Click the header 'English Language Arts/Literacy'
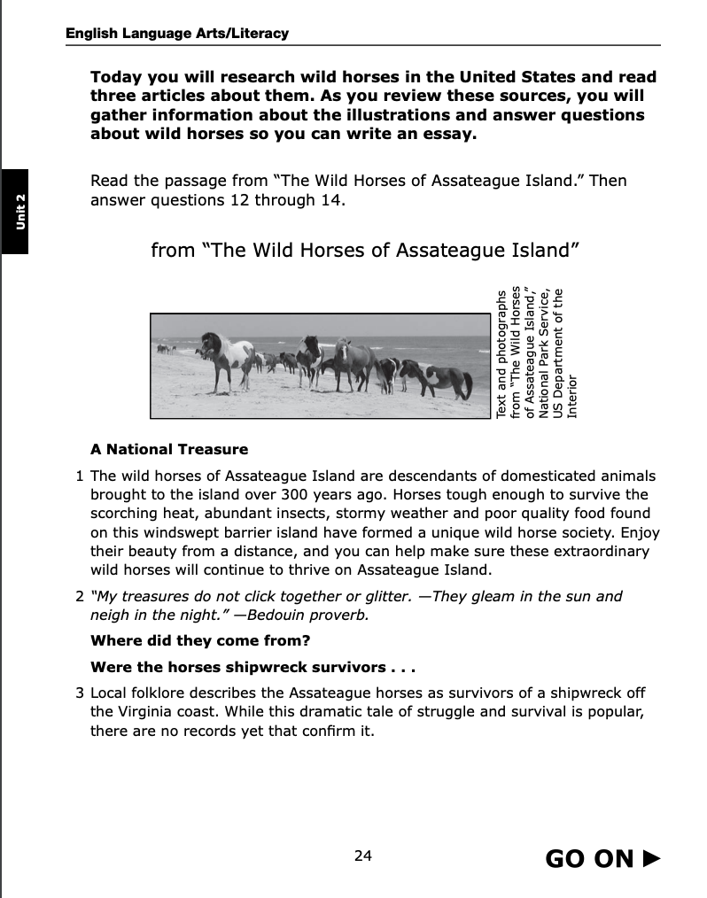pyautogui.click(x=177, y=34)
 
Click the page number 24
pyautogui.click(x=362, y=855)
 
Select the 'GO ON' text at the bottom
pyautogui.click(x=589, y=858)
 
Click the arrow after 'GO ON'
pyautogui.click(x=651, y=857)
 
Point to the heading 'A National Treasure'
pyautogui.click(x=169, y=449)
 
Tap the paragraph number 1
pyautogui.click(x=81, y=476)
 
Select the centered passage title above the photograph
pyautogui.click(x=365, y=249)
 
